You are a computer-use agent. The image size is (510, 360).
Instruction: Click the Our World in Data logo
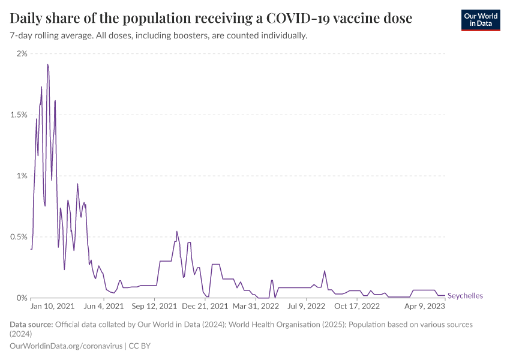(480, 20)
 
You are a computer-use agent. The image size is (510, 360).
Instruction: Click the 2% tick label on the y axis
(22, 54)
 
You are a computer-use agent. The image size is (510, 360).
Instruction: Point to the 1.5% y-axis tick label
(18, 115)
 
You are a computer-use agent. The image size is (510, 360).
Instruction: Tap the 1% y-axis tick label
(22, 176)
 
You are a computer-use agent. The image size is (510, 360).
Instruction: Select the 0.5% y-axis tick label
(18, 237)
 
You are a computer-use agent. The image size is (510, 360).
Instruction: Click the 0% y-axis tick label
(22, 298)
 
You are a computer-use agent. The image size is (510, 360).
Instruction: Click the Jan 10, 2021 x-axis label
(52, 306)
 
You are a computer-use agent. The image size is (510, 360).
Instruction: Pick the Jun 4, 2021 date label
(103, 306)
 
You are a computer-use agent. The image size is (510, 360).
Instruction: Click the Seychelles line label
(465, 296)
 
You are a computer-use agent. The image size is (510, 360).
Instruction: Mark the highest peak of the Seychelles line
(47, 64)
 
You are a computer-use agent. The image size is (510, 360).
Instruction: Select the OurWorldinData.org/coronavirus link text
(67, 346)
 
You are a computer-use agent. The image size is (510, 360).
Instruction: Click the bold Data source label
(31, 325)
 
